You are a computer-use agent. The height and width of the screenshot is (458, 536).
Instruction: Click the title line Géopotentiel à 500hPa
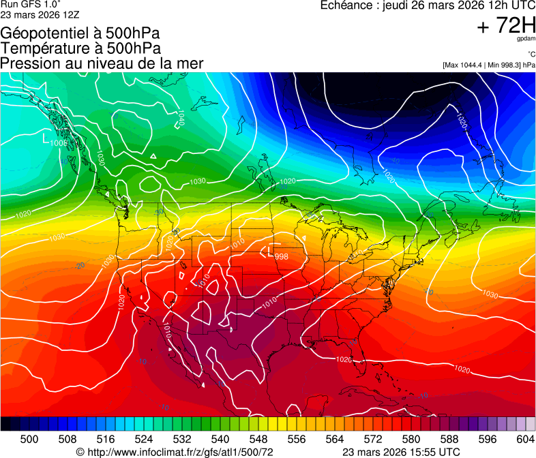click(80, 33)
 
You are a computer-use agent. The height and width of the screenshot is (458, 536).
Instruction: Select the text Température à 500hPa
click(80, 48)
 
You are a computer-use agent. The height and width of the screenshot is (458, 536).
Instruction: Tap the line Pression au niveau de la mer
click(102, 63)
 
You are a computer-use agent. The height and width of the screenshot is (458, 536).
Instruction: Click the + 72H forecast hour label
click(506, 26)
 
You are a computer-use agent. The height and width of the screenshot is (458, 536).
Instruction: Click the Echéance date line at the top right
click(428, 6)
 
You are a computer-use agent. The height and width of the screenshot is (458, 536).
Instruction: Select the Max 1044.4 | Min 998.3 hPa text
click(488, 65)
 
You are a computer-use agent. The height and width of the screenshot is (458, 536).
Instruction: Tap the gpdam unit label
click(526, 40)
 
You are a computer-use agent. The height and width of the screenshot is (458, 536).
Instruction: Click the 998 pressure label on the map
click(281, 256)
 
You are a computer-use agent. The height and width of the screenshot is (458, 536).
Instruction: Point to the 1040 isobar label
click(181, 117)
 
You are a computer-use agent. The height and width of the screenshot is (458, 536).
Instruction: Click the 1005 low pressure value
click(59, 143)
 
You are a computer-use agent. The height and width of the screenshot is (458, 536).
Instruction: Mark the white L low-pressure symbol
click(46, 139)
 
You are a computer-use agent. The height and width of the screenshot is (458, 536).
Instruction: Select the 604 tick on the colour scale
click(525, 438)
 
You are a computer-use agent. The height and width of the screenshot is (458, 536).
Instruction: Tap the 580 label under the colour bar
click(411, 438)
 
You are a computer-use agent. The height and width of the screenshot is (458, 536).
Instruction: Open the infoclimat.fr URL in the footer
click(179, 452)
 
